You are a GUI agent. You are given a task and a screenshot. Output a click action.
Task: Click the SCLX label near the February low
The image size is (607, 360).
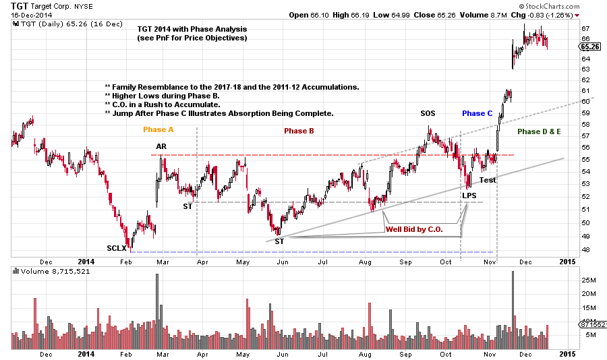(x=116, y=248)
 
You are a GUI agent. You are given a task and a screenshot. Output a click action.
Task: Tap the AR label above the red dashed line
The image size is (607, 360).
(x=162, y=146)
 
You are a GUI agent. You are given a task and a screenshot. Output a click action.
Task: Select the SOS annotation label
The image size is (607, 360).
(x=428, y=113)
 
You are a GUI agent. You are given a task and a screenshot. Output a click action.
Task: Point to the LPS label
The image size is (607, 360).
(x=469, y=196)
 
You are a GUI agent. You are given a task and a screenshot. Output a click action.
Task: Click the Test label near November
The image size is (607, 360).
(x=487, y=180)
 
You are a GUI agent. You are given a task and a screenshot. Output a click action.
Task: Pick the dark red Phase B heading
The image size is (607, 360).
(x=299, y=131)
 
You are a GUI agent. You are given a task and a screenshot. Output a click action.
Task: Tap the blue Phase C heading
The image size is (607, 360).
(x=478, y=113)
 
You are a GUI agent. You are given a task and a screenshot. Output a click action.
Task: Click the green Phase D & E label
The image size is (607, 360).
(x=540, y=132)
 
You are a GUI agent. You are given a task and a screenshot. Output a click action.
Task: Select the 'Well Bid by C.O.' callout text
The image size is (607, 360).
(x=413, y=229)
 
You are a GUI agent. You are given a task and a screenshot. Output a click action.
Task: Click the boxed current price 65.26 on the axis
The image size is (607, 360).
(x=590, y=47)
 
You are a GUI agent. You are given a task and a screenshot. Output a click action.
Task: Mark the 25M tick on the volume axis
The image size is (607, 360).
(x=587, y=279)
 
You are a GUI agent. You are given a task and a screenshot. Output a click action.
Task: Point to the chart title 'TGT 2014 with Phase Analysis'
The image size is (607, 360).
(x=192, y=30)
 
